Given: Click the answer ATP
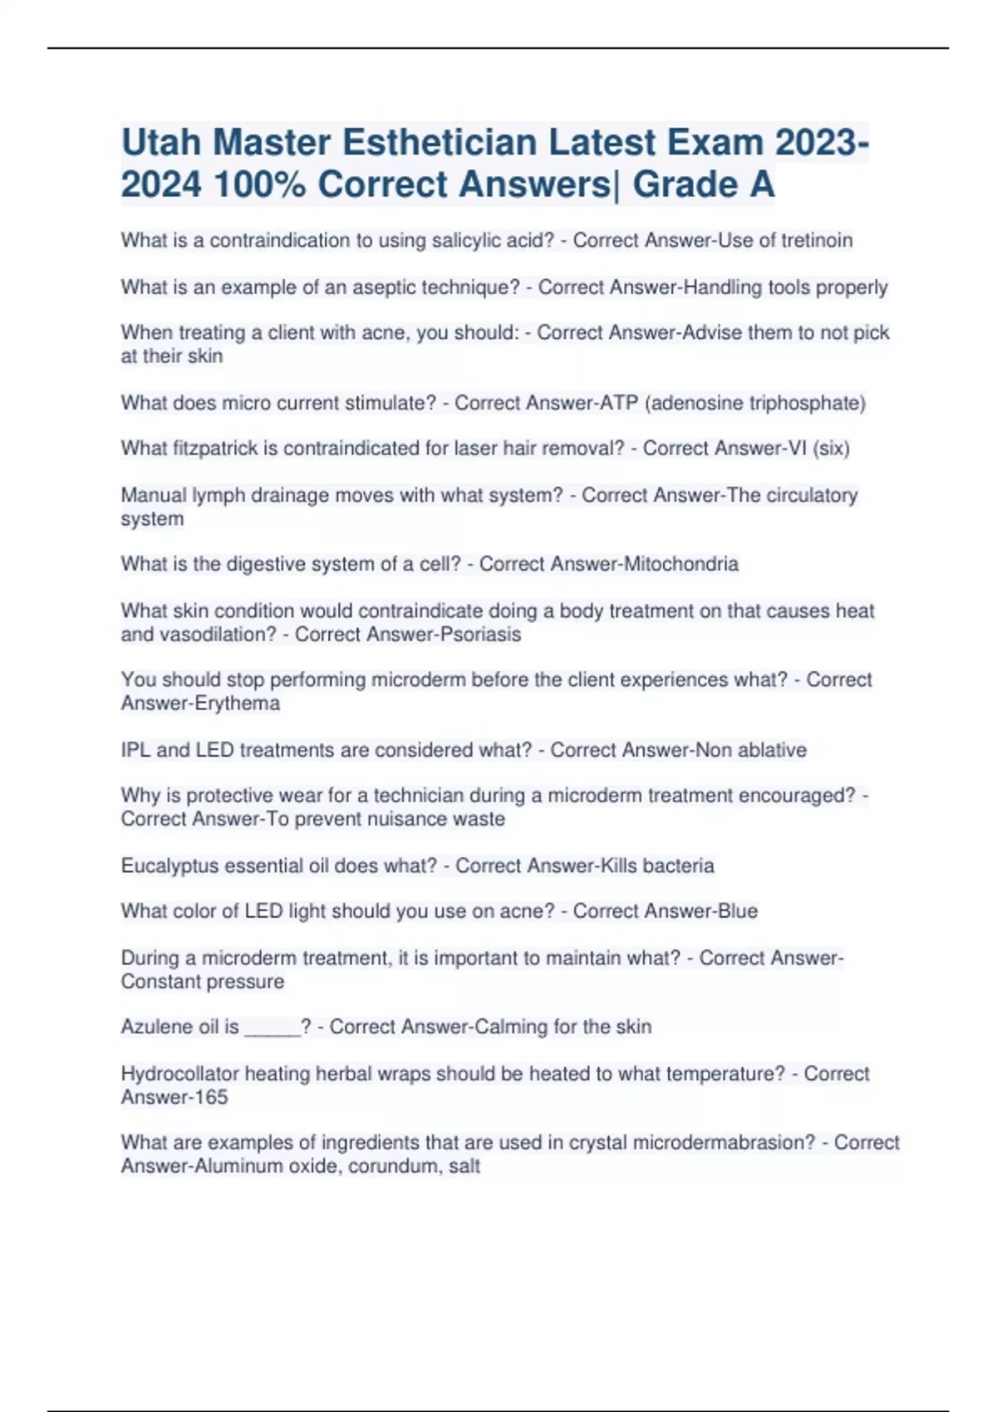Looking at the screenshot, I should [618, 403].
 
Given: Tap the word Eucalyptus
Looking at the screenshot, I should [169, 865].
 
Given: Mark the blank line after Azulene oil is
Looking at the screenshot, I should [272, 1030].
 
